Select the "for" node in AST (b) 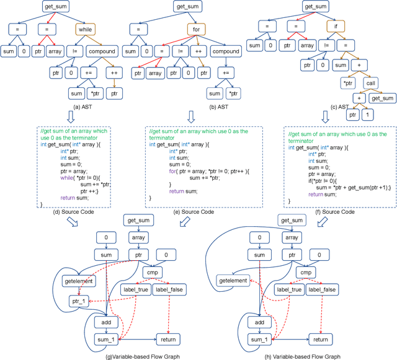point(194,29)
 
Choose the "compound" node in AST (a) point(102,52)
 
